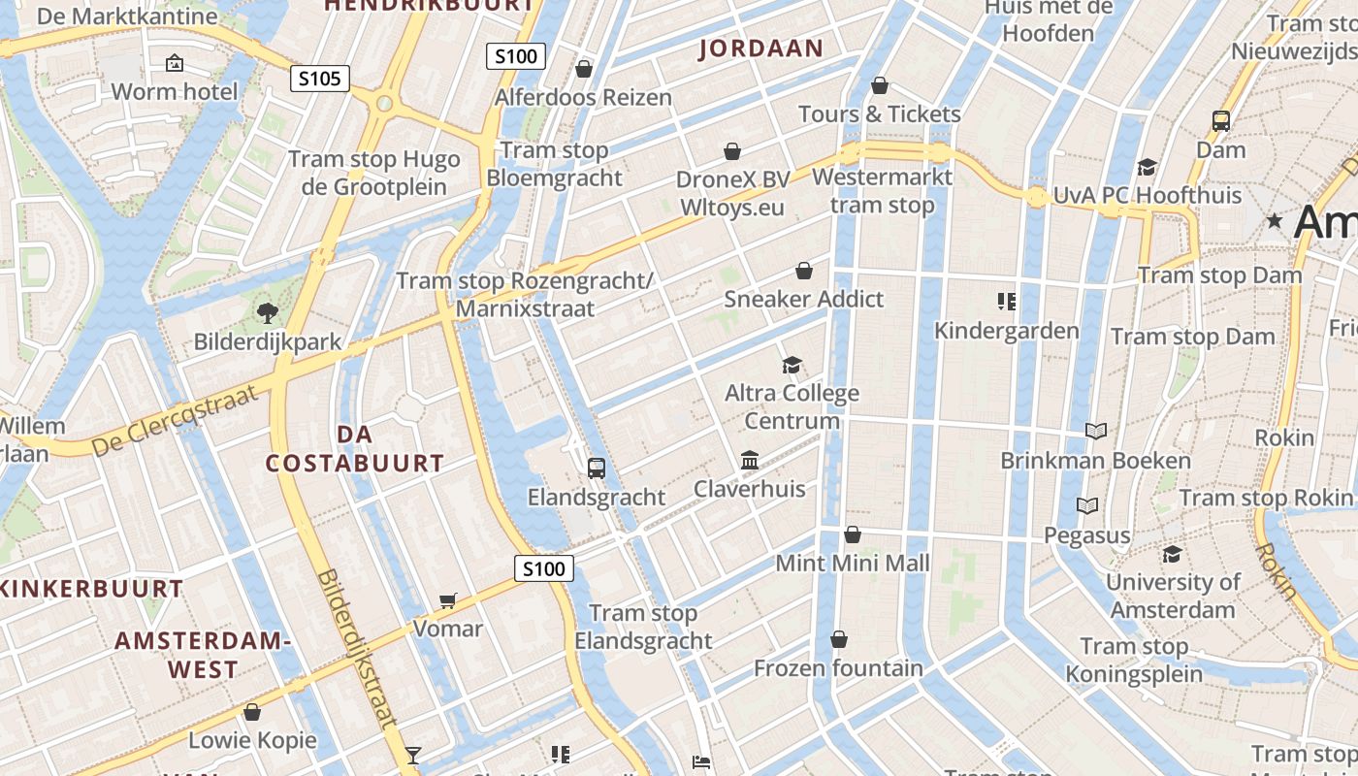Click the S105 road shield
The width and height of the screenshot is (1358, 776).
[x=320, y=79]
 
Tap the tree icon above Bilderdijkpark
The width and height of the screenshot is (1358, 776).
[x=267, y=312]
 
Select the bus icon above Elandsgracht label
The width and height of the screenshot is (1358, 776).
[x=597, y=469]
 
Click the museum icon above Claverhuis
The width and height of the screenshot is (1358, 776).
[x=750, y=460]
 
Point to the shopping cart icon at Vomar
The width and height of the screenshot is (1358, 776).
[x=447, y=600]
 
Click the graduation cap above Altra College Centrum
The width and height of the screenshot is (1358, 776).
[x=792, y=365]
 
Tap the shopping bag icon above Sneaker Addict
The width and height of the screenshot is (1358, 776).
[x=804, y=271]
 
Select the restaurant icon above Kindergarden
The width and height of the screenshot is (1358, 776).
[x=1007, y=302]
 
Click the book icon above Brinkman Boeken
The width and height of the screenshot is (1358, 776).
[x=1096, y=431]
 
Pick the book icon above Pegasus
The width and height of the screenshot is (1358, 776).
[x=1087, y=505]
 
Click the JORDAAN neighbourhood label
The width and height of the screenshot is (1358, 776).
[x=760, y=48]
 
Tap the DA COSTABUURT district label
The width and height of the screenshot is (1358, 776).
[x=355, y=448]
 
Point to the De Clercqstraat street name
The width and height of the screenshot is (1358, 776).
[x=176, y=420]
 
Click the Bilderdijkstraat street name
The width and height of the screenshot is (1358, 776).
[x=356, y=648]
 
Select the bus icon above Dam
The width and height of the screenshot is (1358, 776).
[x=1221, y=121]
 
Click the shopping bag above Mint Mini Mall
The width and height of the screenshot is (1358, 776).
[x=853, y=534]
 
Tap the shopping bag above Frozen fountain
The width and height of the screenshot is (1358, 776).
[x=839, y=639]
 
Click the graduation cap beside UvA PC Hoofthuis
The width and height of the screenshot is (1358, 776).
[x=1148, y=167]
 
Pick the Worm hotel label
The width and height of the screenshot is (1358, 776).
[x=175, y=92]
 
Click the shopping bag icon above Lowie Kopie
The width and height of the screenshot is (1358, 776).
[x=252, y=712]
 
